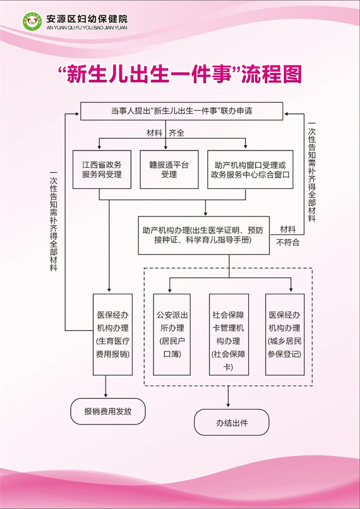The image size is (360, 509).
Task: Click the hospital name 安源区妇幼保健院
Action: (x=86, y=18)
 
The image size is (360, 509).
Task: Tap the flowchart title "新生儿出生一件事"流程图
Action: (x=180, y=74)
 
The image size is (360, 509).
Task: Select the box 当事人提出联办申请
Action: (x=181, y=111)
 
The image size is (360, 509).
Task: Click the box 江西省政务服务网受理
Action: (x=101, y=169)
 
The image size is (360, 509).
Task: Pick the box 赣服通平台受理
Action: (x=169, y=169)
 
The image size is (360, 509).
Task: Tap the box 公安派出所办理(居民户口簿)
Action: (x=171, y=335)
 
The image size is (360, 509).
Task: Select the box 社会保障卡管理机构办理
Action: (x=228, y=335)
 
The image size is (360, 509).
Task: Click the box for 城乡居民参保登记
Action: (x=284, y=335)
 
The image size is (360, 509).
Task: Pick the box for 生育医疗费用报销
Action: (x=112, y=335)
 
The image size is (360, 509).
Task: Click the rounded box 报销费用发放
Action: (x=107, y=412)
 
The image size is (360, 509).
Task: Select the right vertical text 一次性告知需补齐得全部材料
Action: (x=312, y=172)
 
